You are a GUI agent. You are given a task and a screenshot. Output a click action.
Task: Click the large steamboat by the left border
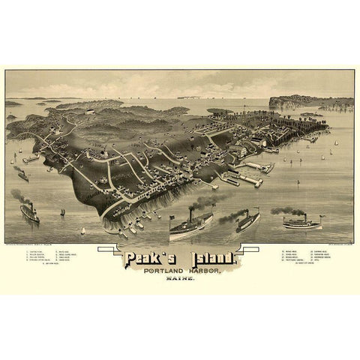[x=30, y=213]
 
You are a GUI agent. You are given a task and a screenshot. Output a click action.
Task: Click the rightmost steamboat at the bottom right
[x=301, y=222]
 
